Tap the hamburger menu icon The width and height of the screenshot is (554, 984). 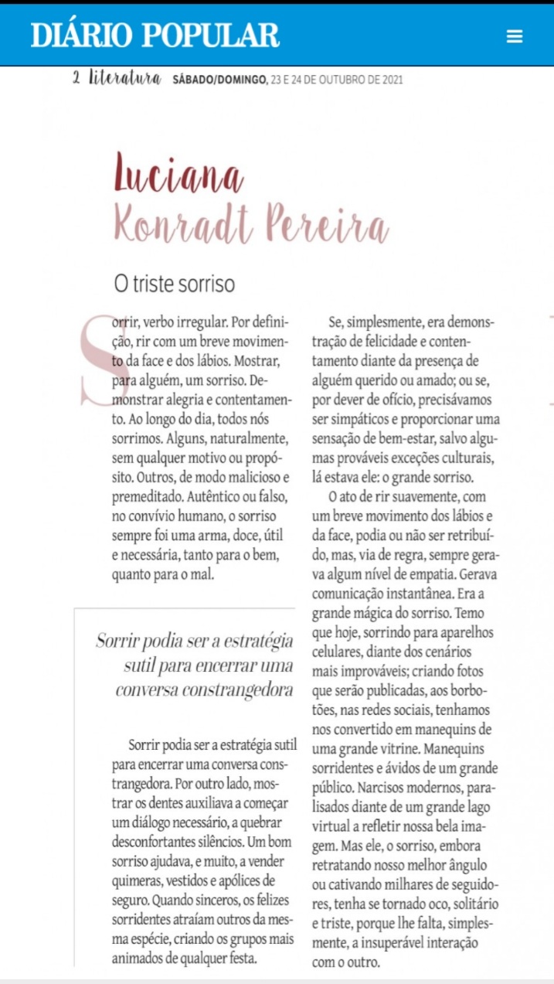coord(515,36)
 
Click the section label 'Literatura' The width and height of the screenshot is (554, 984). coord(125,78)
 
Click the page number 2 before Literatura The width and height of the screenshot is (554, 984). coord(76,78)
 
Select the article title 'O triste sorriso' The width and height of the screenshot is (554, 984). coord(174,284)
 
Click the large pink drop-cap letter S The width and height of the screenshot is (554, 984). coord(99,360)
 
